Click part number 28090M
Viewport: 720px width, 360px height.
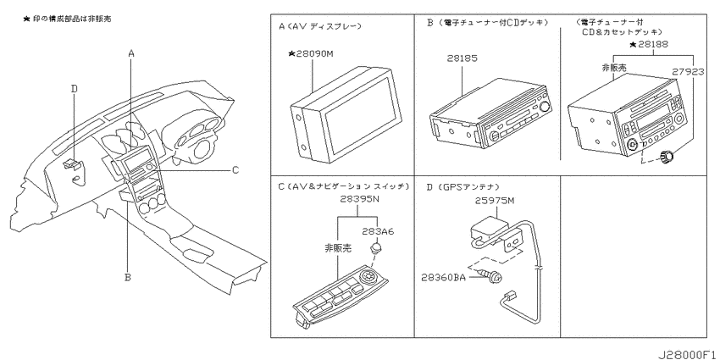pos(310,54)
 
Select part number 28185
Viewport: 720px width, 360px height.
pos(462,58)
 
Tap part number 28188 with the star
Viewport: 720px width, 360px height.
pos(649,45)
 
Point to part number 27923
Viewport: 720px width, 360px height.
pos(689,72)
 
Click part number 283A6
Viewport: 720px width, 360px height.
pos(378,231)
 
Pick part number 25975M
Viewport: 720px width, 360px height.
pos(495,201)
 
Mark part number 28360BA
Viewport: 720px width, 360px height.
pos(444,277)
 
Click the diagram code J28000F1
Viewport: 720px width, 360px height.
pos(688,355)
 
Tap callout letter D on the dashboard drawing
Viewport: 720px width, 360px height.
pos(75,88)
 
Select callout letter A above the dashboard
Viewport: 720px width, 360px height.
pos(130,53)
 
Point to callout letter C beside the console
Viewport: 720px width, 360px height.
pos(235,170)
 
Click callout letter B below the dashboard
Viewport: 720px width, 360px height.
pos(128,277)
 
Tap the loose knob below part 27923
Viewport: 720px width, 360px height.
pos(667,157)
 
